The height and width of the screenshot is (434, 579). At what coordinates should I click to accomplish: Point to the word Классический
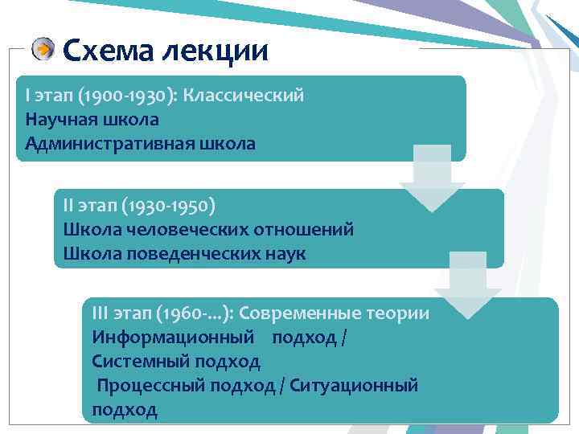(x=244, y=96)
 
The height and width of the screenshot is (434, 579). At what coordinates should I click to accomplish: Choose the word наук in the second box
(x=284, y=253)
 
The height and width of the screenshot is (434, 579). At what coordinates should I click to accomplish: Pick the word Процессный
(x=151, y=386)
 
